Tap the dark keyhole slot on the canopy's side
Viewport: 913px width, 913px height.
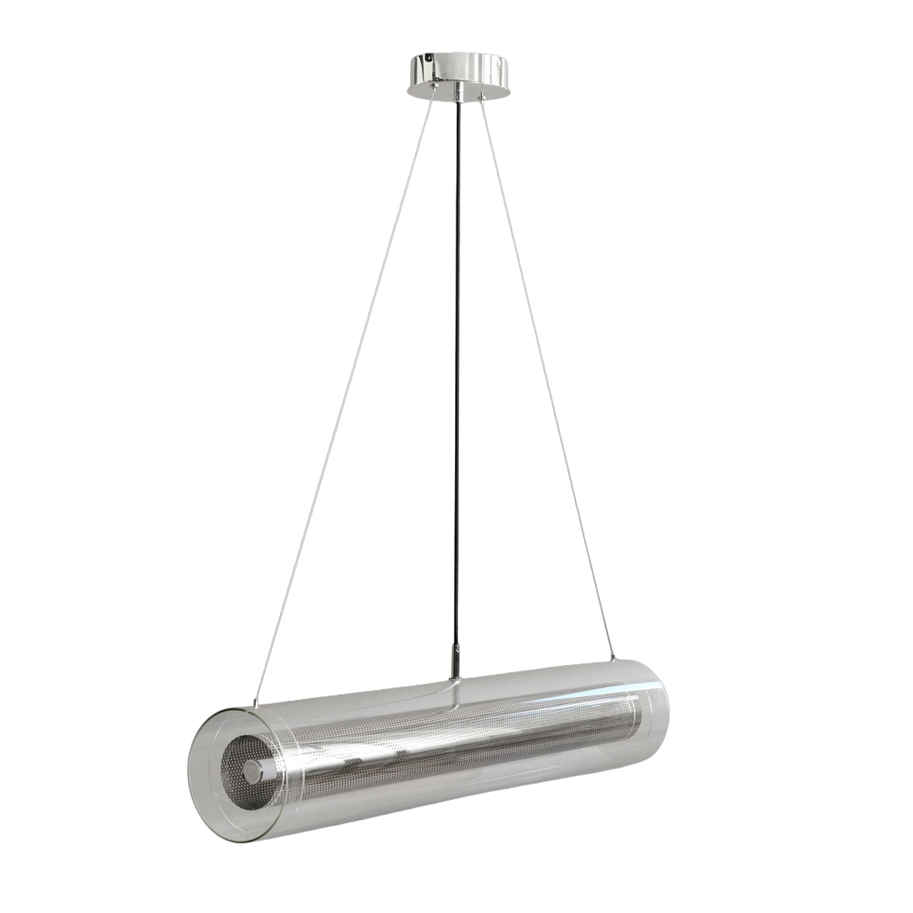pyautogui.click(x=426, y=58)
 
